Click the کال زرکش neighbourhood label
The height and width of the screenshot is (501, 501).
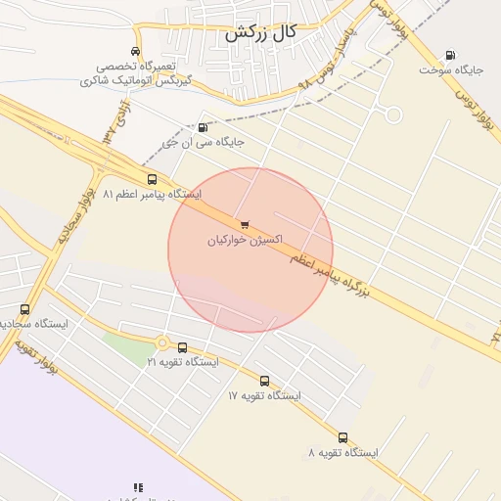tap(259, 32)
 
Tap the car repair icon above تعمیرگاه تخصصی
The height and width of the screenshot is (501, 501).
tap(135, 51)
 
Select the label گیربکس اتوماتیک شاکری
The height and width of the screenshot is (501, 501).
tap(134, 80)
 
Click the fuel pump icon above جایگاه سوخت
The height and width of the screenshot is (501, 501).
tap(450, 55)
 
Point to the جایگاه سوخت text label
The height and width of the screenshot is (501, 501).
tap(452, 70)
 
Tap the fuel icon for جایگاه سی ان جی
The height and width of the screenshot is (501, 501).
tap(203, 127)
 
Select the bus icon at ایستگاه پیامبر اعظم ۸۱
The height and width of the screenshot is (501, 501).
tap(152, 179)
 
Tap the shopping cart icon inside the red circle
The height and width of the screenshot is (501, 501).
tap(244, 224)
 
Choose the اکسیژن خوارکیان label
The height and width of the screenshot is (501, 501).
tap(245, 240)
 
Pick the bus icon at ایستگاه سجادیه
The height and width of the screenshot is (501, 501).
tap(24, 310)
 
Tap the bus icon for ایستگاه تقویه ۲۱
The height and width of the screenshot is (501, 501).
tap(182, 346)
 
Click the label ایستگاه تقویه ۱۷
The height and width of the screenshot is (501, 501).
tap(264, 396)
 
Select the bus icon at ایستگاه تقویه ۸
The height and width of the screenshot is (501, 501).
tap(342, 437)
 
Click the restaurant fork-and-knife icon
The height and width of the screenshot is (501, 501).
tap(138, 486)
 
